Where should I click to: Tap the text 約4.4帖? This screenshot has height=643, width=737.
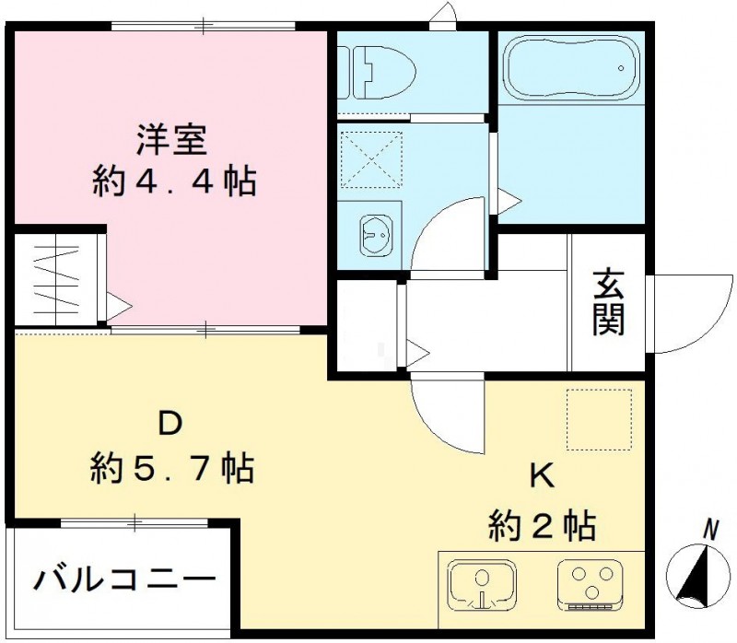click(174, 181)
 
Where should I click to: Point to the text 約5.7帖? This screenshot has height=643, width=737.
click(172, 469)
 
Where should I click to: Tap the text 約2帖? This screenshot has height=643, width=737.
click(542, 526)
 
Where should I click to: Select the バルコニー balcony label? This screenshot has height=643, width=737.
click(125, 581)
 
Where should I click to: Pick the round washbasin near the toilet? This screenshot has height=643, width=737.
click(376, 238)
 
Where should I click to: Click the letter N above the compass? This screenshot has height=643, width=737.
click(711, 530)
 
